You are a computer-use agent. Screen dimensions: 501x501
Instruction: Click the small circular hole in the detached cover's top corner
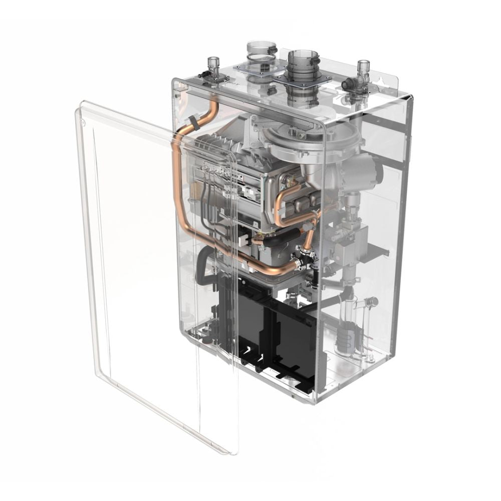coord(83,121)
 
